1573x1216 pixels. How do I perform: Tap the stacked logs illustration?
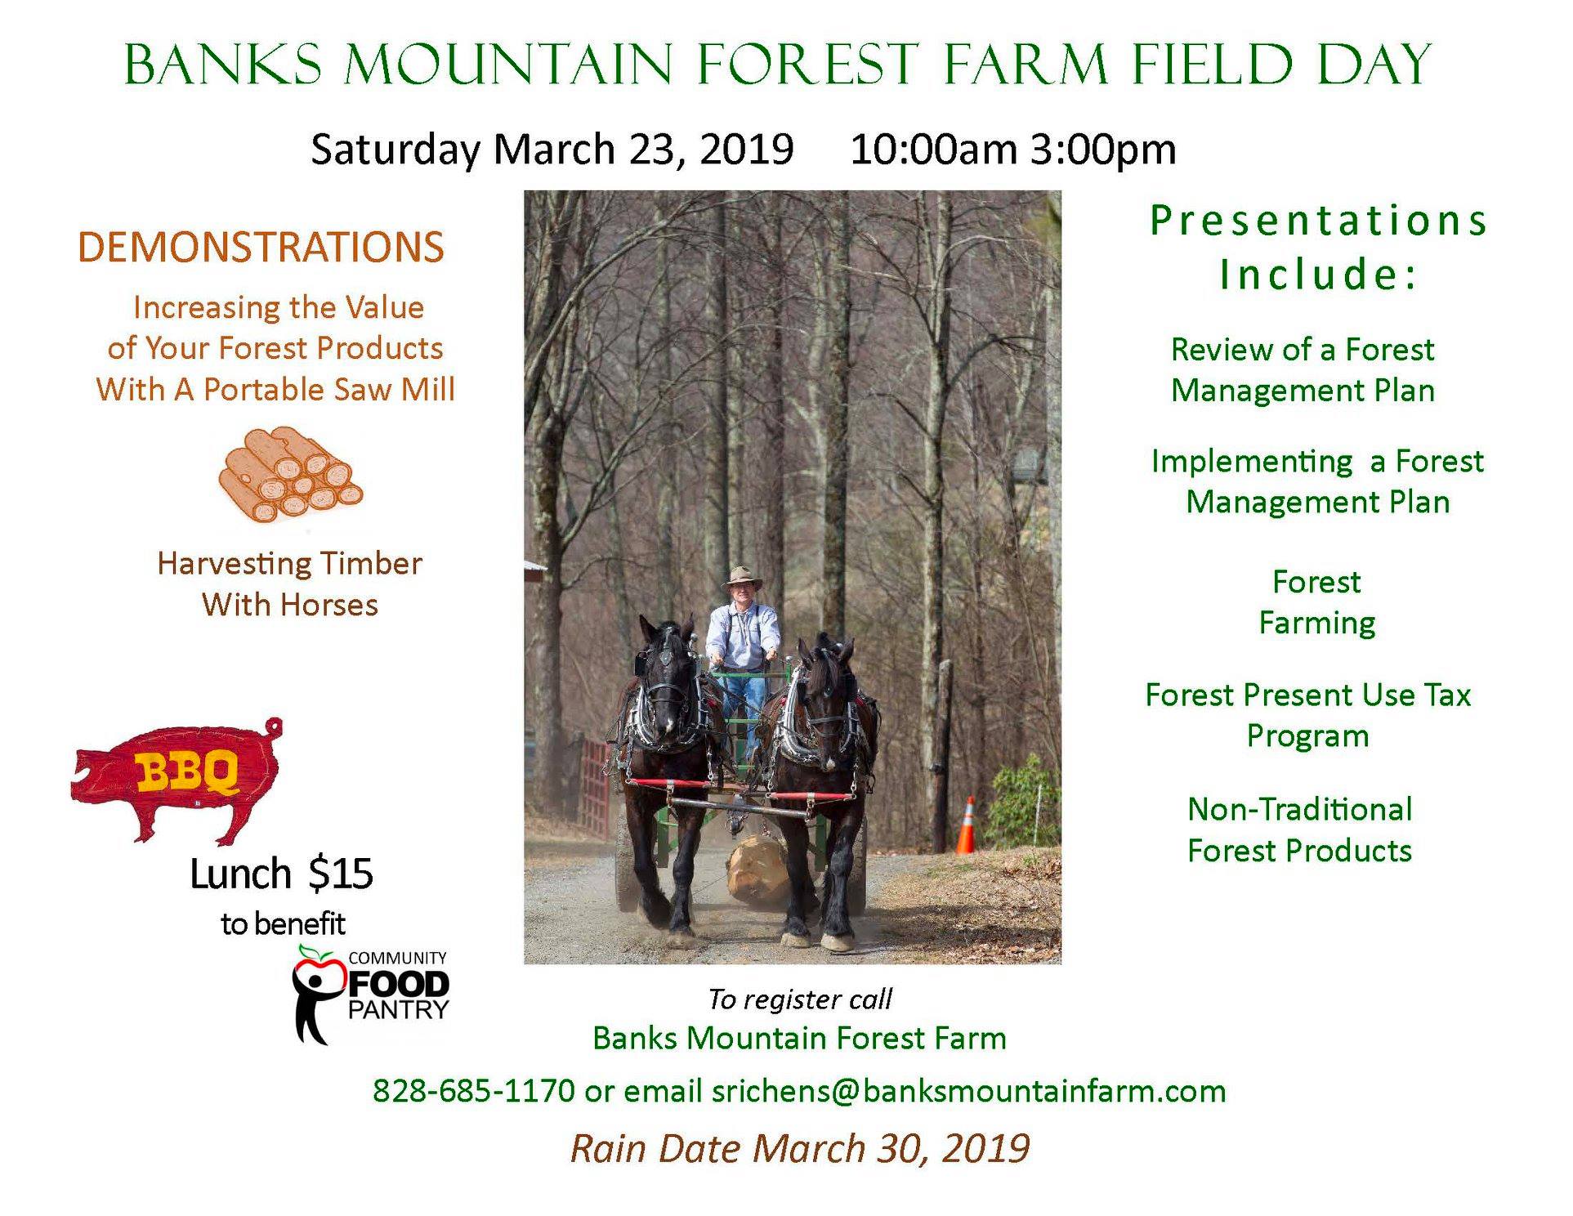pyautogui.click(x=290, y=475)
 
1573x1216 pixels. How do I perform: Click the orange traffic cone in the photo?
pyautogui.click(x=966, y=825)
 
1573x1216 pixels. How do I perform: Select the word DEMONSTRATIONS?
pyautogui.click(x=261, y=247)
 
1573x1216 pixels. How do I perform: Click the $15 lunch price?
pyautogui.click(x=342, y=874)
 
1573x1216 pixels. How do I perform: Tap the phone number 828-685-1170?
pyautogui.click(x=474, y=1091)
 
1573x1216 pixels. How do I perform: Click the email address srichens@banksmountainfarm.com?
pyautogui.click(x=969, y=1091)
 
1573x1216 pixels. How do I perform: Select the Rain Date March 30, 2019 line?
pyautogui.click(x=800, y=1148)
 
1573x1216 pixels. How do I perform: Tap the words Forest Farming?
pyautogui.click(x=1317, y=602)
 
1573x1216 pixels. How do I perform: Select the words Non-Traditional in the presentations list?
pyautogui.click(x=1300, y=809)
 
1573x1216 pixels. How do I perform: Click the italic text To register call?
pyautogui.click(x=800, y=999)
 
